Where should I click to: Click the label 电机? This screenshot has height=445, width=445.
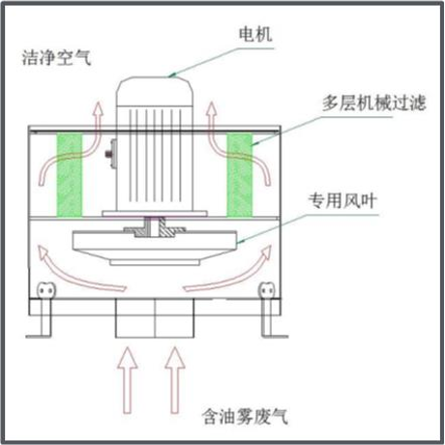pyautogui.click(x=255, y=34)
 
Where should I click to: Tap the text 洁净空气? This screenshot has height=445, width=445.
pyautogui.click(x=57, y=58)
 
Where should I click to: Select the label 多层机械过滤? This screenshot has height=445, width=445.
pyautogui.click(x=374, y=104)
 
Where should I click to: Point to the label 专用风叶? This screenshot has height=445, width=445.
pyautogui.click(x=342, y=200)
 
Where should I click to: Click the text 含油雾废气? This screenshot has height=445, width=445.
pyautogui.click(x=245, y=416)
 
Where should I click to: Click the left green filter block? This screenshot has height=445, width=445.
pyautogui.click(x=70, y=175)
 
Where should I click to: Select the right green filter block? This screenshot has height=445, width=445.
pyautogui.click(x=239, y=175)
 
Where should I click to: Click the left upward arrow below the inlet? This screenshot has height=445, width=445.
pyautogui.click(x=128, y=380)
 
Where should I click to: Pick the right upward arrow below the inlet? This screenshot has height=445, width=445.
pyautogui.click(x=175, y=380)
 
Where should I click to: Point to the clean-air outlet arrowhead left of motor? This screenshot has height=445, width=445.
pyautogui.click(x=98, y=108)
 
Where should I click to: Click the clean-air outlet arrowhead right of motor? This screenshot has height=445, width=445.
pyautogui.click(x=211, y=108)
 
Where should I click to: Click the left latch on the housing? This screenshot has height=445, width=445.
pyautogui.click(x=45, y=290)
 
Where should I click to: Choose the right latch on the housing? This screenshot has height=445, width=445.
pyautogui.click(x=267, y=290)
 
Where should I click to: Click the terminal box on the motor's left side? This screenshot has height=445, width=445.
pyautogui.click(x=111, y=154)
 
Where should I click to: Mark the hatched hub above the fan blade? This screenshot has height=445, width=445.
pyautogui.click(x=154, y=227)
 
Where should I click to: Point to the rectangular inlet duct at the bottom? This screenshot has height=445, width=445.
pyautogui.click(x=155, y=318)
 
